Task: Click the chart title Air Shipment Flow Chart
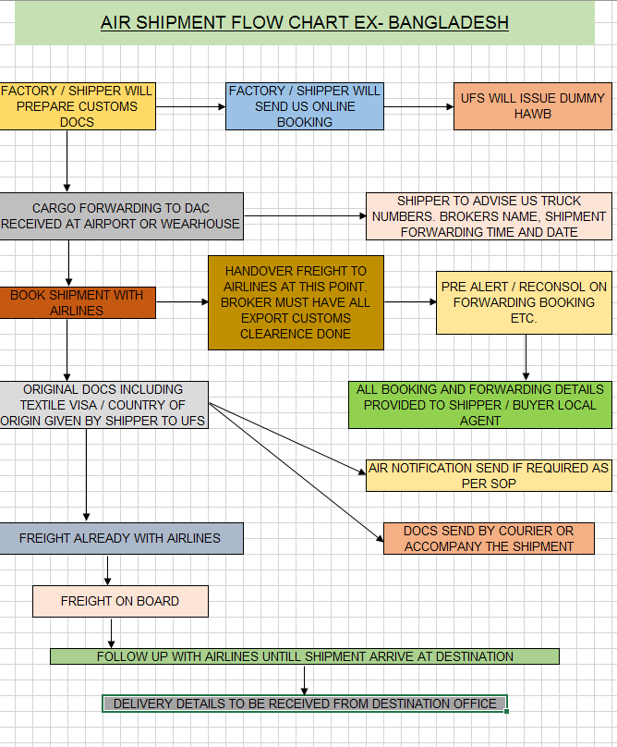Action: click(304, 22)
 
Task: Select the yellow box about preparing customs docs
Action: click(77, 105)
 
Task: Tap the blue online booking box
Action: click(305, 105)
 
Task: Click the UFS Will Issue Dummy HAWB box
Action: click(532, 105)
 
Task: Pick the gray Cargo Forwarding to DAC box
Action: click(122, 215)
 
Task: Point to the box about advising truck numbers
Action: click(489, 215)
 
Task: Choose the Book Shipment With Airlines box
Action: click(78, 302)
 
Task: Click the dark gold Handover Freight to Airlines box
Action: click(296, 302)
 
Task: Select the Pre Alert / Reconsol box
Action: click(524, 302)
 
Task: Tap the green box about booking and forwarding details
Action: click(479, 405)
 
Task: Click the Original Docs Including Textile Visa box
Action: click(103, 405)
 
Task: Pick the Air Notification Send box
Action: click(489, 475)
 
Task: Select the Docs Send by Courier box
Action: click(489, 538)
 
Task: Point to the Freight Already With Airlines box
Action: click(121, 538)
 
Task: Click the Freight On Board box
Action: click(120, 601)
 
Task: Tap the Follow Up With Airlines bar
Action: click(305, 656)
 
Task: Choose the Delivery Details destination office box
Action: click(305, 704)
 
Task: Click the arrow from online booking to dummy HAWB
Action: click(417, 106)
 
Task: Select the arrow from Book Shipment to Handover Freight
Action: click(182, 302)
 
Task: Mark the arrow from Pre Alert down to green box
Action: click(525, 357)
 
